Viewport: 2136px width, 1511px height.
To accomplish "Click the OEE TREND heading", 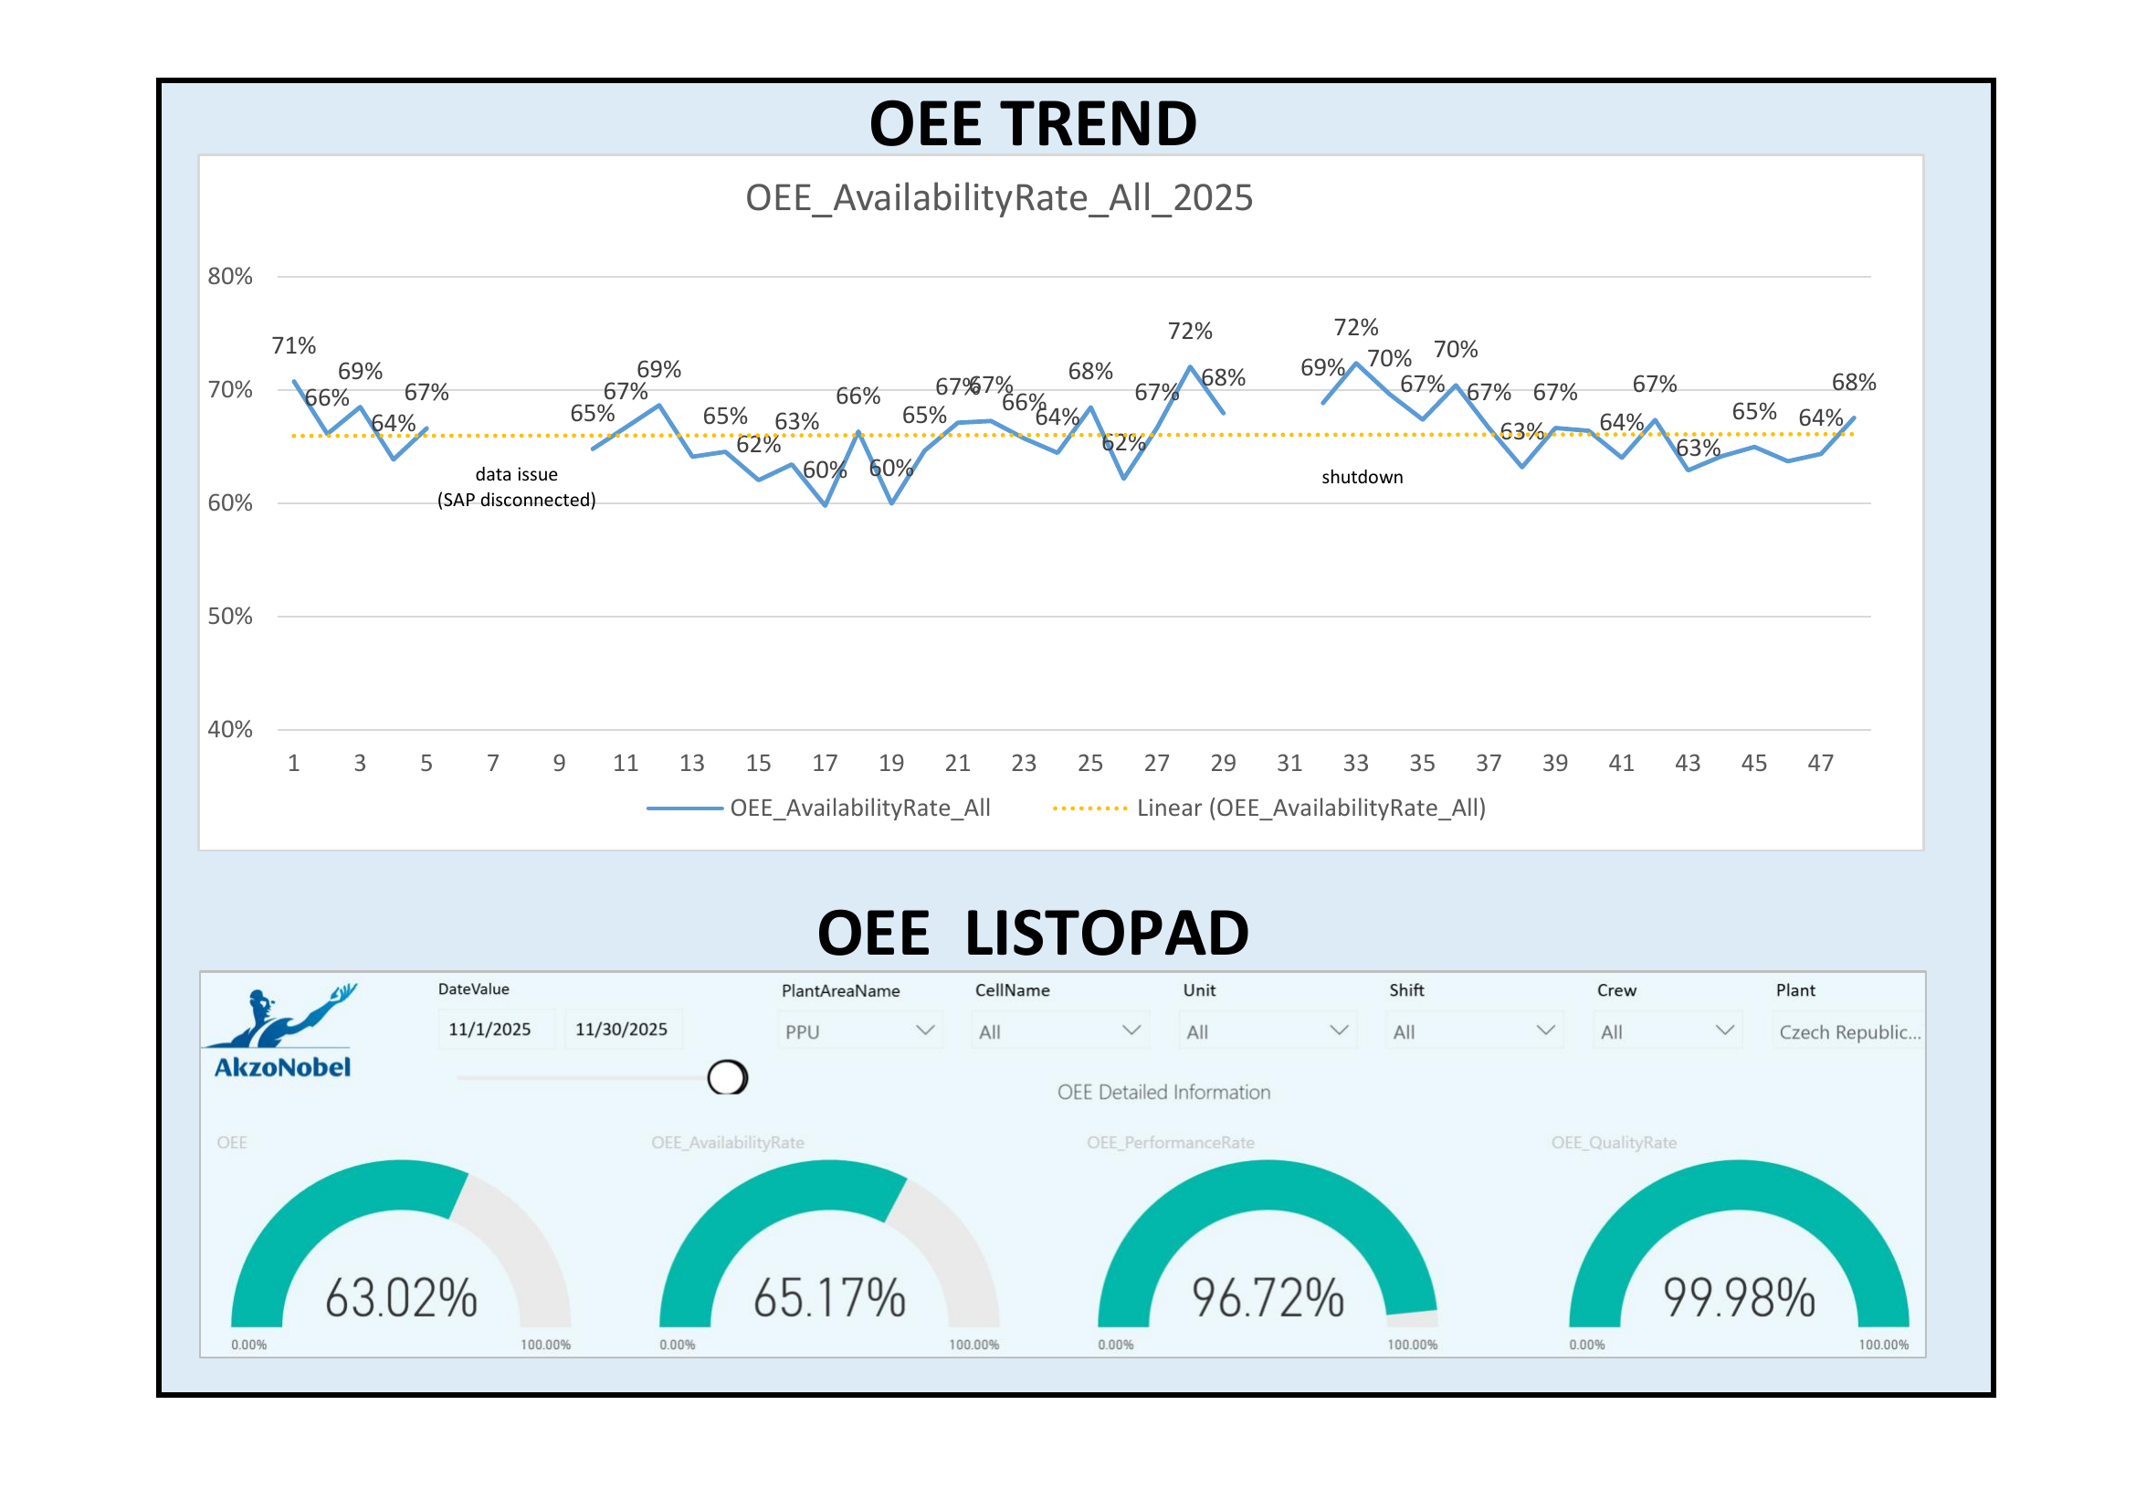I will click(1033, 123).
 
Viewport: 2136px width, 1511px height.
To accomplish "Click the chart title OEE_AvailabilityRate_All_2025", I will click(998, 198).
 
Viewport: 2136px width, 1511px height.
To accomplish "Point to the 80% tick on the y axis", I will click(230, 276).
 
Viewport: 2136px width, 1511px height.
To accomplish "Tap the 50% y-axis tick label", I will click(230, 616).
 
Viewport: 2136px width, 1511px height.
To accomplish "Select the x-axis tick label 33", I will click(1355, 763).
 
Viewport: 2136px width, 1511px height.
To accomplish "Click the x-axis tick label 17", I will click(825, 763).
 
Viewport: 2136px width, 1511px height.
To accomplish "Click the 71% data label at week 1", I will click(293, 345).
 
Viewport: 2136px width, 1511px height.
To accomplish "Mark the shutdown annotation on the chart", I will click(1362, 477).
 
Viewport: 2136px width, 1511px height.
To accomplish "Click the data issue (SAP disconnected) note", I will click(516, 488).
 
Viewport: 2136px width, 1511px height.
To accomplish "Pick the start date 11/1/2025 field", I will click(490, 1029).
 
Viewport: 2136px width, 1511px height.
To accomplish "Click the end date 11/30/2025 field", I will click(622, 1029).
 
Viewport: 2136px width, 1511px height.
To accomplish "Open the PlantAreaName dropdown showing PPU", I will click(858, 1030).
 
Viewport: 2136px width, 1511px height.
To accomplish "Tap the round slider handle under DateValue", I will click(727, 1077).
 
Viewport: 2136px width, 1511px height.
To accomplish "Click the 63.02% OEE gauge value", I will click(401, 1298).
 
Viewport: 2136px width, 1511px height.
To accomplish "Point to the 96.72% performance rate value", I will click(1268, 1298).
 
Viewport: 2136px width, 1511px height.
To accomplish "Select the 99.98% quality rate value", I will click(1739, 1298).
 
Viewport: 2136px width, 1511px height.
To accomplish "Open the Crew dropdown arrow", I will click(1724, 1030).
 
